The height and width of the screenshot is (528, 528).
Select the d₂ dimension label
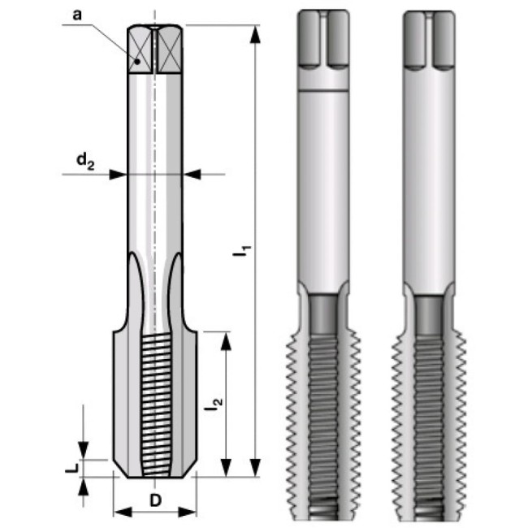pos(86,162)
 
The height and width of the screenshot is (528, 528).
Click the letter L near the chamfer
pos(71,469)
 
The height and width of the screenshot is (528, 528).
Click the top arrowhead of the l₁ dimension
pos(256,33)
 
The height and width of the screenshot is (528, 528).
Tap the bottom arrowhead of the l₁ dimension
pos(256,469)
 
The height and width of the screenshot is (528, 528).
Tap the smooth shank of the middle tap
pos(325,187)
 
